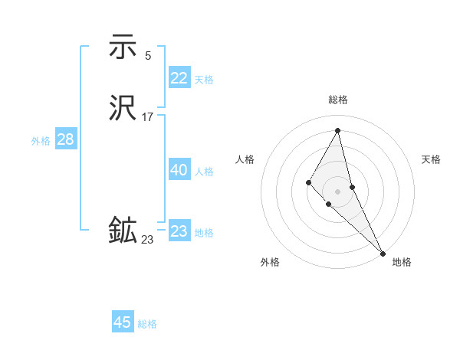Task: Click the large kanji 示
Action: [123, 47]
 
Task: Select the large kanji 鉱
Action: [123, 231]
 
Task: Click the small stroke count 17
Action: [148, 117]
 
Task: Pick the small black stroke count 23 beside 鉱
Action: [147, 240]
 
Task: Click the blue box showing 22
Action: [179, 78]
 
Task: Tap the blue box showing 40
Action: [179, 170]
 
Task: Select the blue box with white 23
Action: [179, 231]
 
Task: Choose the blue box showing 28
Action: [65, 139]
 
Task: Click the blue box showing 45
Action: [123, 322]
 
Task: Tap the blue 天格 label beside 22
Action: [204, 80]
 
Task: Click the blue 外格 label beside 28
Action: [41, 141]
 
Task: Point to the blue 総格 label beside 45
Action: [147, 324]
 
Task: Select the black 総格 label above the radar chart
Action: [337, 100]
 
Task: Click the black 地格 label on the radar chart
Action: [402, 263]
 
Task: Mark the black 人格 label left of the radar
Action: [245, 159]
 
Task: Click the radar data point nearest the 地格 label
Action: [382, 252]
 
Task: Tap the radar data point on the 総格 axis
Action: [337, 130]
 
